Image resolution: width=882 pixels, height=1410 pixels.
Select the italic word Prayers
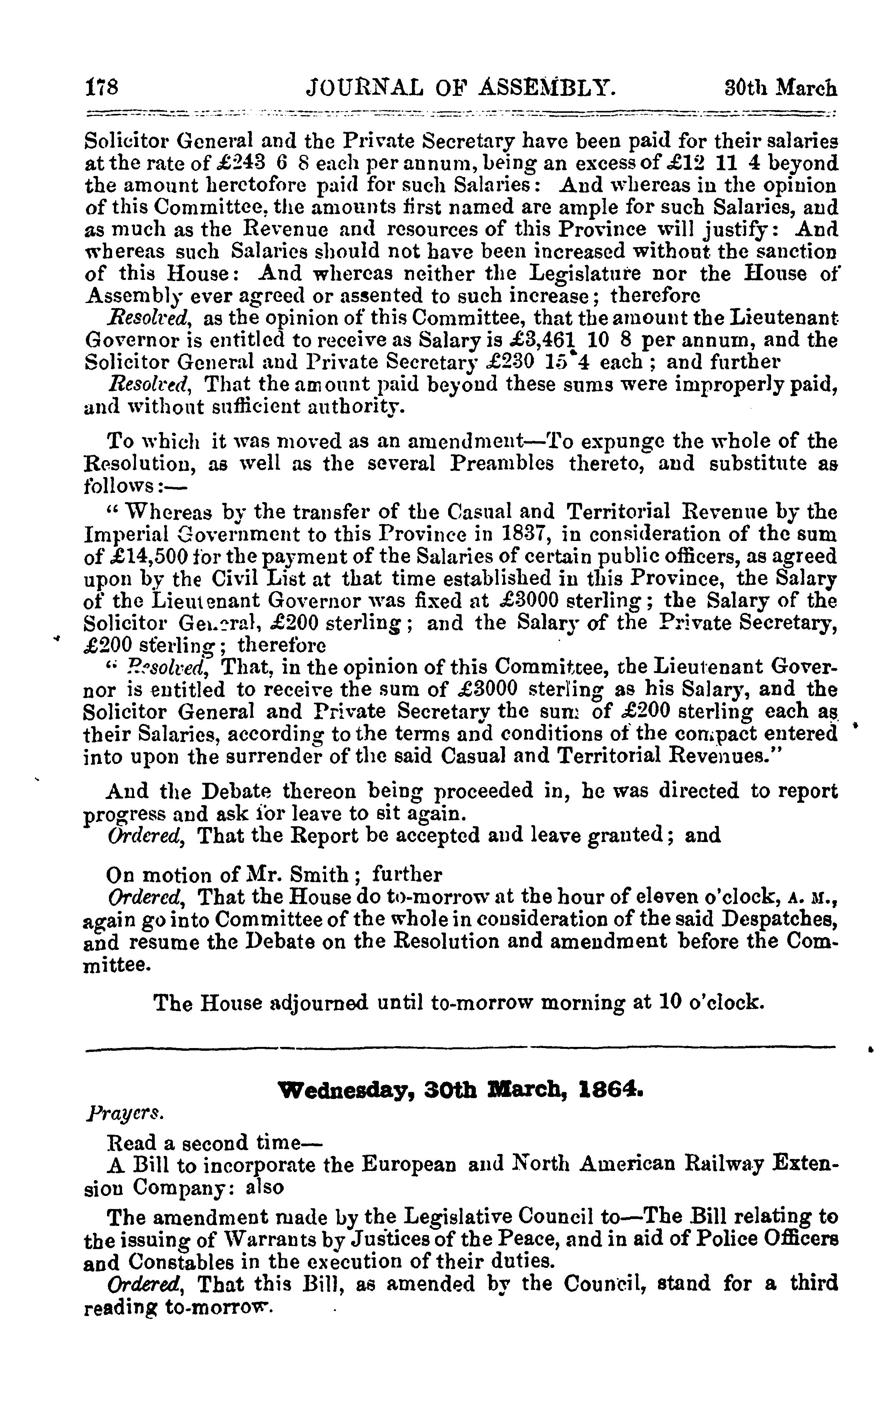coord(124,1113)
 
